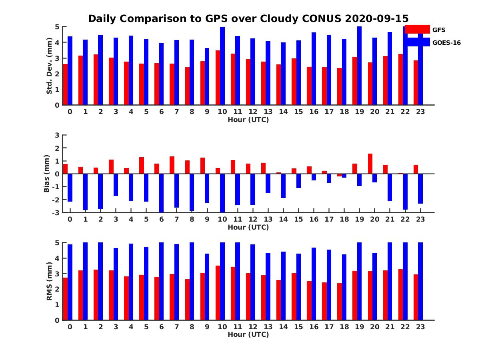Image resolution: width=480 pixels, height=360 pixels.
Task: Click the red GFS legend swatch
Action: pos(417,29)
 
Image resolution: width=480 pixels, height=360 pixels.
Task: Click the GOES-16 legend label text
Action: pos(446,43)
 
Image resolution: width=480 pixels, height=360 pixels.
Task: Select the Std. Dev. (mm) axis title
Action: pos(49,66)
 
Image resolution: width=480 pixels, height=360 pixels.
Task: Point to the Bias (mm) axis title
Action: pos(47,174)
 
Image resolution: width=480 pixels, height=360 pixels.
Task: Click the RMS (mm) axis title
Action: pos(49,281)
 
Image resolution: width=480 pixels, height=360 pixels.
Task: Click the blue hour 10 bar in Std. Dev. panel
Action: pos(222,66)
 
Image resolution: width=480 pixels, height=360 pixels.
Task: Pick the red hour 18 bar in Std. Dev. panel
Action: pos(340,86)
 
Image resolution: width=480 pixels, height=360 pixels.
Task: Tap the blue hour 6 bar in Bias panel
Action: pos(162,193)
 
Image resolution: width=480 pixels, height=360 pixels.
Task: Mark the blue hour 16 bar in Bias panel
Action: pos(314,177)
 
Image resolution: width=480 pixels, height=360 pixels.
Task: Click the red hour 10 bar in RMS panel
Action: pos(218,293)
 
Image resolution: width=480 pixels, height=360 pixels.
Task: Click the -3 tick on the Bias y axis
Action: pos(56,212)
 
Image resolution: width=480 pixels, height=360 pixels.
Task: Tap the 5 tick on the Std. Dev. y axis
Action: pos(58,27)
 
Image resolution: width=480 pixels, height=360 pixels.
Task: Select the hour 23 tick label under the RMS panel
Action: pos(420,326)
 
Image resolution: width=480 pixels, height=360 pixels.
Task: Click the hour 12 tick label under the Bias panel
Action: pos(253,219)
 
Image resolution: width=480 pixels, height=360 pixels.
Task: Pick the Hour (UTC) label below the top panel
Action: pos(248,120)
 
